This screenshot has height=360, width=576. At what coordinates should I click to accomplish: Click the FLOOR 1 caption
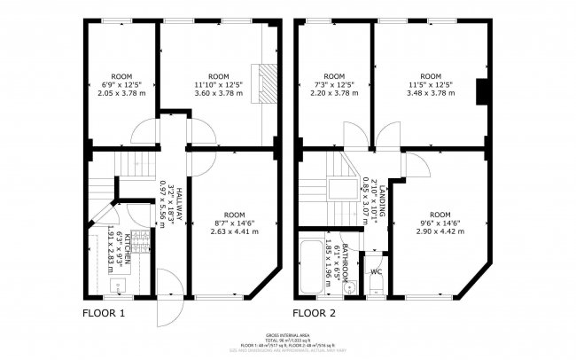click(x=105, y=313)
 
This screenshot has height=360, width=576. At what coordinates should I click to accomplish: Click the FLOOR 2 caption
click(x=316, y=313)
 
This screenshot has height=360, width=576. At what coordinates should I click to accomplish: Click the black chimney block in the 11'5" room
click(x=483, y=92)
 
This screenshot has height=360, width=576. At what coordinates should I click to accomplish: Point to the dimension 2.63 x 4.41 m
click(x=234, y=231)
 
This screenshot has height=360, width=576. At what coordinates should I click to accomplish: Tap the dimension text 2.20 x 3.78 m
click(x=334, y=93)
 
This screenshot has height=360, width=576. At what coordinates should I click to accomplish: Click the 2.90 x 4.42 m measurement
click(x=440, y=231)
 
